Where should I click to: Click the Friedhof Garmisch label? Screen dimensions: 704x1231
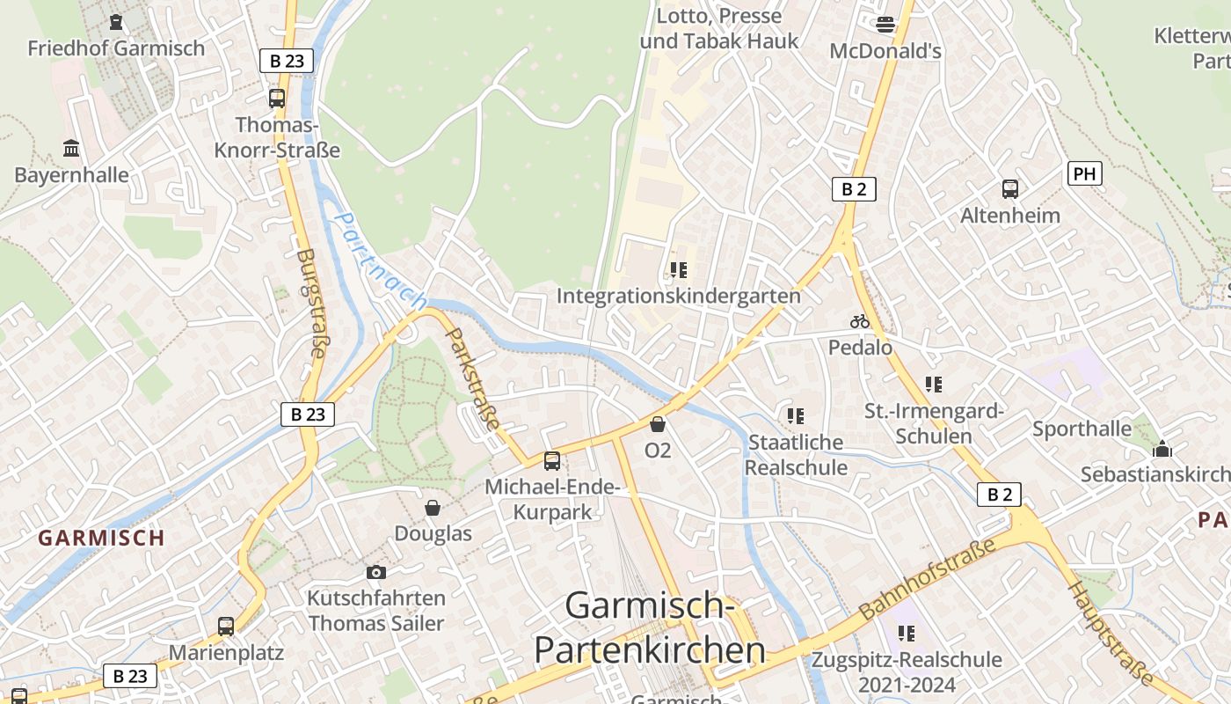116,48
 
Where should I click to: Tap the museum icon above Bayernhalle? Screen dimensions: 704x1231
71,148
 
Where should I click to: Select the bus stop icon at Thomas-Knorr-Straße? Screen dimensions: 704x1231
277,98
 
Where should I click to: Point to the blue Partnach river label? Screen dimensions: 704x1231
381,260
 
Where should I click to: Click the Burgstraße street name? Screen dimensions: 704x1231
310,304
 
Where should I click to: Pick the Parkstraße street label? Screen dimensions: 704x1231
474,379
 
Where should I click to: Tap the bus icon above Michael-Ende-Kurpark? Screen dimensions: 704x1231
552,460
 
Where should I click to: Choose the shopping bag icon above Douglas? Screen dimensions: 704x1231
433,508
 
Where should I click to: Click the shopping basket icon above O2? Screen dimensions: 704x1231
657,425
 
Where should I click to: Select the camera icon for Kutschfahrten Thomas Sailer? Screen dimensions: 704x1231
376,572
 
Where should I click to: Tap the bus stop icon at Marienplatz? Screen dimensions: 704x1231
226,627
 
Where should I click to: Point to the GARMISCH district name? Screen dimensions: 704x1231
101,538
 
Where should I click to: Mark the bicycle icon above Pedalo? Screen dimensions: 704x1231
860,322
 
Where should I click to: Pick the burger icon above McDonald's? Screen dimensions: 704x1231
885,25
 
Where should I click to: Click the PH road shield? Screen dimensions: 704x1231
1084,173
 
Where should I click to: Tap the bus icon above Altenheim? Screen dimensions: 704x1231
1010,189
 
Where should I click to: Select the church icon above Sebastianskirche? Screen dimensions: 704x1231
1162,450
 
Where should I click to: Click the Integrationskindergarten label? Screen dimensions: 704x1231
679,296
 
